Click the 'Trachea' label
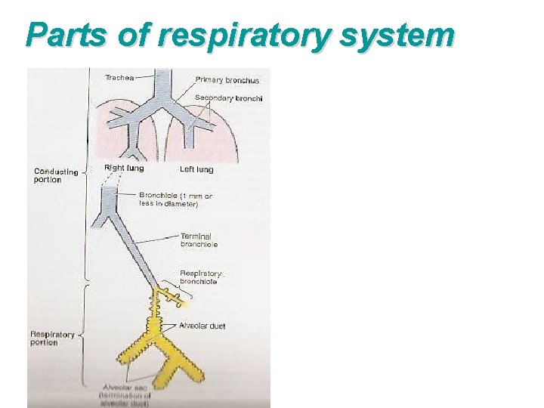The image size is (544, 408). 120,76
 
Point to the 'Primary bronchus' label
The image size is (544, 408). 227,80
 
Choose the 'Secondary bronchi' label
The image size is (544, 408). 228,97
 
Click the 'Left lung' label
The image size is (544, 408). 196,169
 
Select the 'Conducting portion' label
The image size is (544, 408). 55,175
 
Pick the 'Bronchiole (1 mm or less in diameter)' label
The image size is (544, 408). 175,199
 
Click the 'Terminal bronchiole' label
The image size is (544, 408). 199,240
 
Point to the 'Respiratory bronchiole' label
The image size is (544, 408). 200,277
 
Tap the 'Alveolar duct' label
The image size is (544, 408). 202,326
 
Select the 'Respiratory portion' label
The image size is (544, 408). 52,338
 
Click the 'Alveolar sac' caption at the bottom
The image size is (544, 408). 125,395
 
